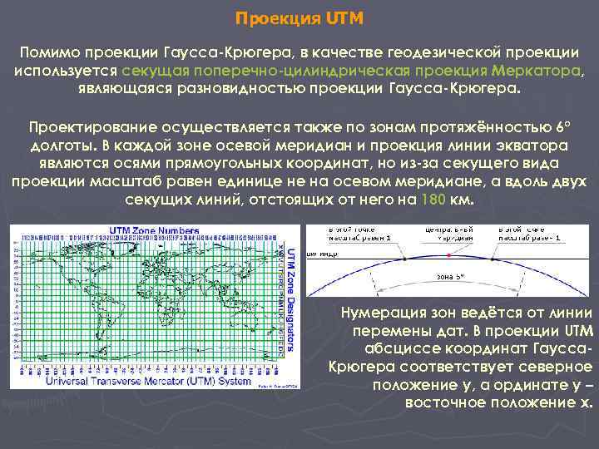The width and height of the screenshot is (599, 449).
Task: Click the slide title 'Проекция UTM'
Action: point(299,17)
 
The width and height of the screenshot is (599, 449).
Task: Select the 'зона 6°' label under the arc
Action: point(450,276)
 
